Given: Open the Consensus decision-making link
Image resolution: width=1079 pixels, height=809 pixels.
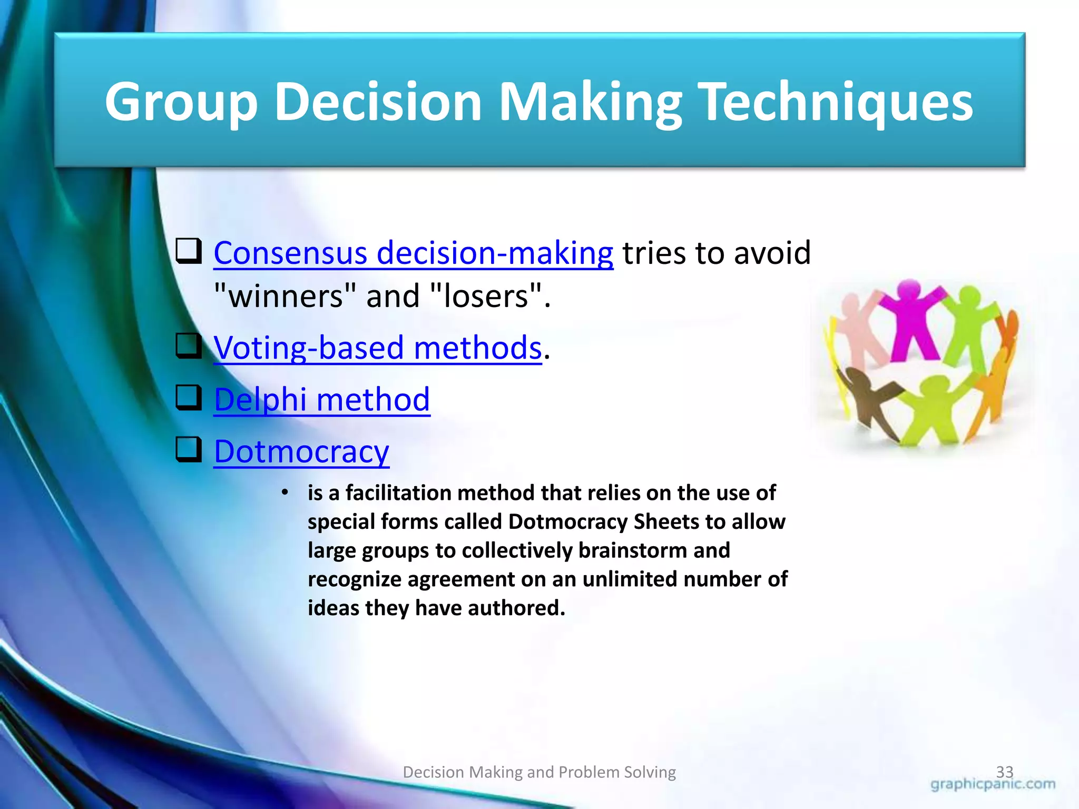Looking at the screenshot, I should (x=413, y=253).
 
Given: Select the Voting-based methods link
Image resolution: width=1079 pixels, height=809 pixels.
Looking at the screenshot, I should (x=377, y=348).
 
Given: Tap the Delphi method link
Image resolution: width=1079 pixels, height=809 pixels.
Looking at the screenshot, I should (x=322, y=400).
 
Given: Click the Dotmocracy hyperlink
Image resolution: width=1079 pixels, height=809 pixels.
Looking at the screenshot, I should (x=301, y=452).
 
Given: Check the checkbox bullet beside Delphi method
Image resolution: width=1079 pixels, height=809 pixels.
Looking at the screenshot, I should (x=188, y=398).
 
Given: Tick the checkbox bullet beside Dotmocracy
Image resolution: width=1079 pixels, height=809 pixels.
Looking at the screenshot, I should (x=188, y=450).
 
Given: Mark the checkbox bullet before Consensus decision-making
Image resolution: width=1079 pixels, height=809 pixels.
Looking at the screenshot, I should (x=188, y=251).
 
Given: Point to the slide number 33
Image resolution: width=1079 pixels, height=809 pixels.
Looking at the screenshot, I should (x=1005, y=772).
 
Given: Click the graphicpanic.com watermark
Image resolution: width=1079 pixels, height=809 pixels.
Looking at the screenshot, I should (x=993, y=785).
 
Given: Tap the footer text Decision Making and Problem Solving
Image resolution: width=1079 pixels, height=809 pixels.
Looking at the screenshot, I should (x=539, y=772).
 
